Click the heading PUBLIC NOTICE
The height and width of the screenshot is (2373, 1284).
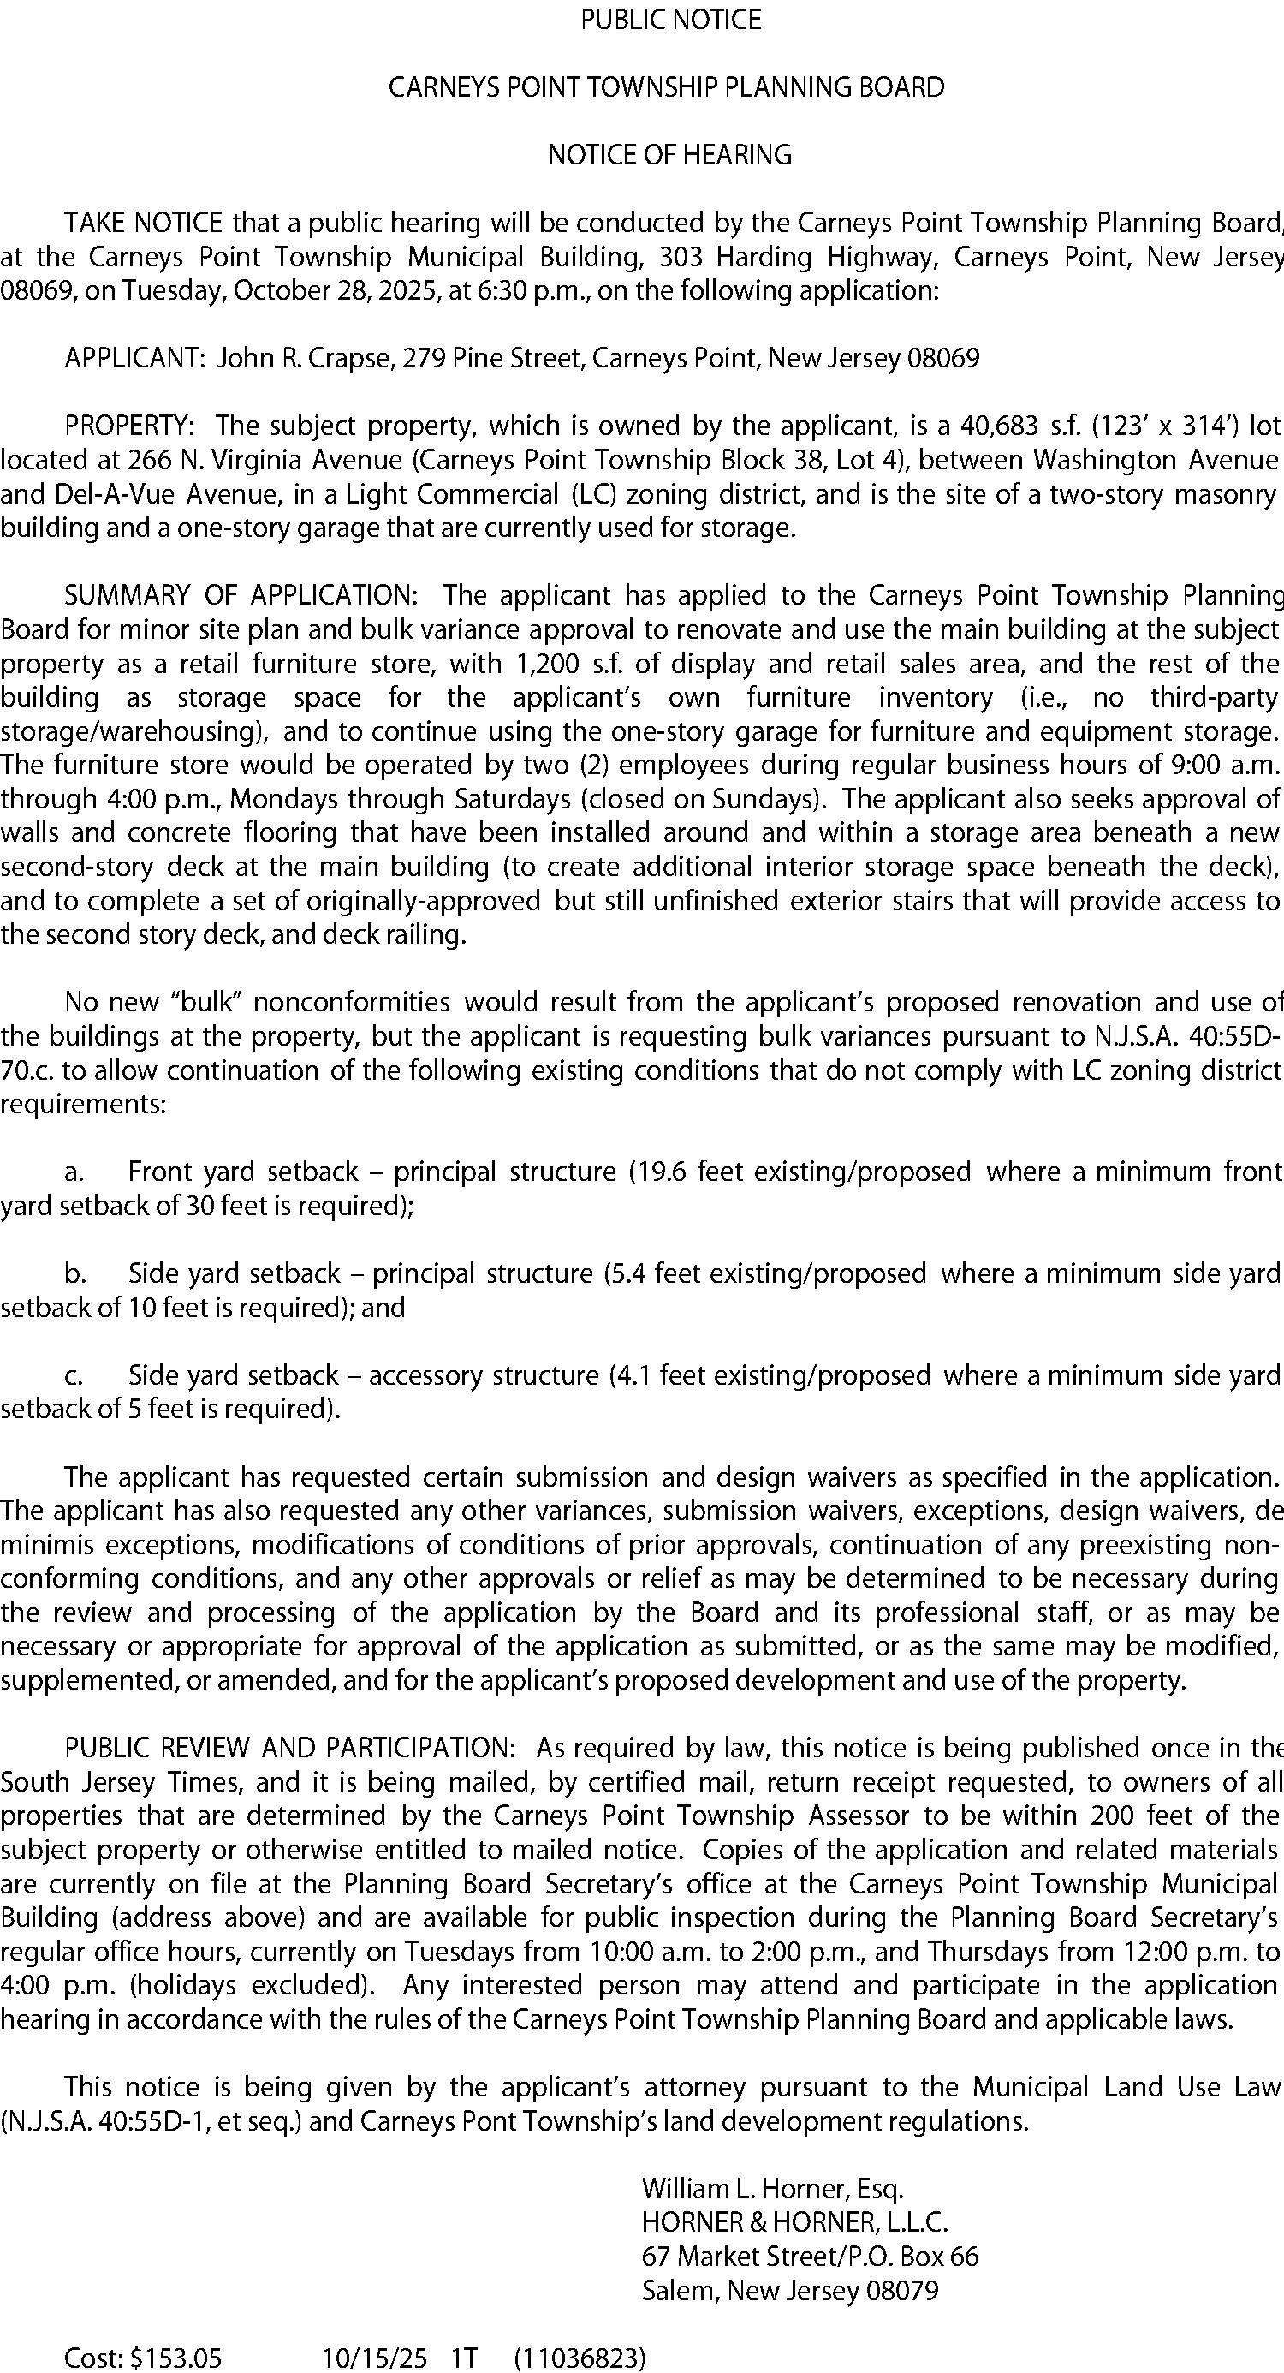(x=670, y=21)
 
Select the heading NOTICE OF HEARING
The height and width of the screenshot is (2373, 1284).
(x=669, y=155)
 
